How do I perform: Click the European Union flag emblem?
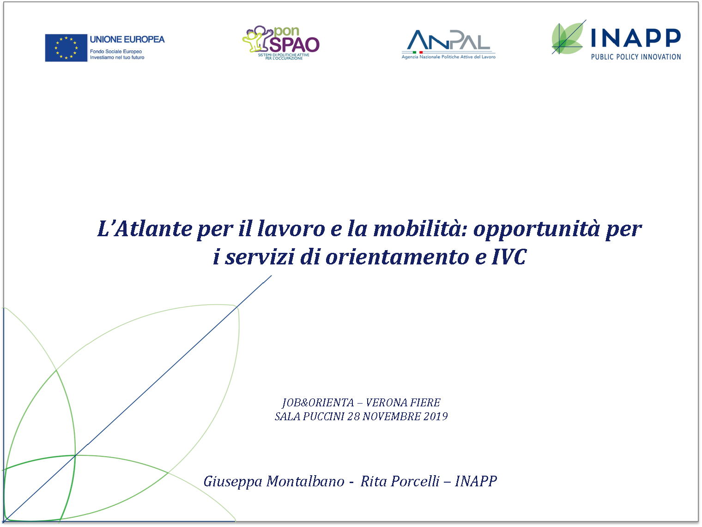tap(66, 48)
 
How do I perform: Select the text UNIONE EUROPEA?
tap(127, 39)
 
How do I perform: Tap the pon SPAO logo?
tap(281, 43)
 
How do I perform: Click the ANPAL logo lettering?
tap(448, 40)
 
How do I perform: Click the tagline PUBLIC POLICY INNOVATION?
tap(636, 57)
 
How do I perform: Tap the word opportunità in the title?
tap(536, 230)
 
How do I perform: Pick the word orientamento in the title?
tap(398, 257)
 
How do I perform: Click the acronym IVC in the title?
tap(509, 257)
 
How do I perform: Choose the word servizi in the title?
tap(260, 257)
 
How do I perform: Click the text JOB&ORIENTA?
tap(318, 403)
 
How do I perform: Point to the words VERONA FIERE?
tap(403, 402)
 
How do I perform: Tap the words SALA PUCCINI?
tap(309, 417)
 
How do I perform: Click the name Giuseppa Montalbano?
tap(274, 481)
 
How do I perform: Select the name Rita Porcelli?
tap(400, 481)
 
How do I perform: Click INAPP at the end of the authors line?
tap(476, 481)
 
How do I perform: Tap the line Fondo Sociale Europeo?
tap(116, 51)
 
